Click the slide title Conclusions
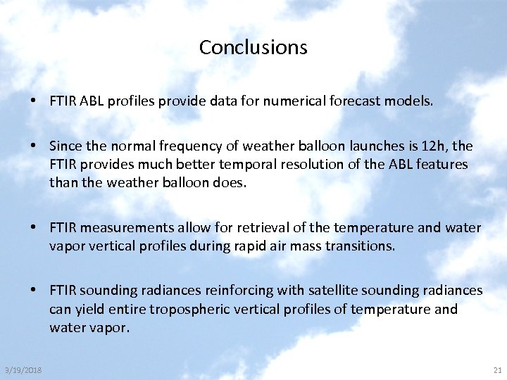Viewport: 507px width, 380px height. click(253, 47)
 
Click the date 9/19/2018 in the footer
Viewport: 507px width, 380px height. click(23, 369)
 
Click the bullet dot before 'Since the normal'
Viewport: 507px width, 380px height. click(34, 146)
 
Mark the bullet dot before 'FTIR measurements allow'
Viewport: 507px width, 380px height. click(34, 228)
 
